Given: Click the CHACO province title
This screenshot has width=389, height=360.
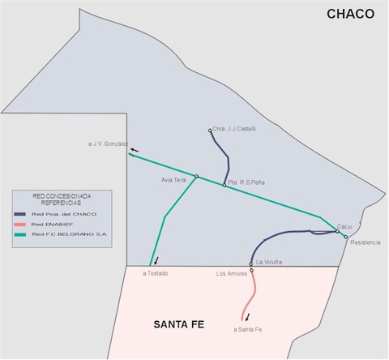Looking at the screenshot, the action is coord(351,14).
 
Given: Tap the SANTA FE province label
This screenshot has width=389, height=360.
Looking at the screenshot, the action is coord(178,325).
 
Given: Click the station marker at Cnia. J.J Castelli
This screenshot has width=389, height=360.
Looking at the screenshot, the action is coord(210,130).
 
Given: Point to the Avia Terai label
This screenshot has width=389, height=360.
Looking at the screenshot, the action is coord(173,178).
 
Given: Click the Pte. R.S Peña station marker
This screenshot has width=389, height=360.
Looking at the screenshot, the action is coord(224,186).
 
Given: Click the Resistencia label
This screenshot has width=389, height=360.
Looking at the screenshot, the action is coord(365,243).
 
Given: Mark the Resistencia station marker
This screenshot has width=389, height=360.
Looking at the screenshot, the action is coord(346,237).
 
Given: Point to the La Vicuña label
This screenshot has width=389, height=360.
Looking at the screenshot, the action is coord(268,262).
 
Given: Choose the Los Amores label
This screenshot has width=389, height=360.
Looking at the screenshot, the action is coord(232,274).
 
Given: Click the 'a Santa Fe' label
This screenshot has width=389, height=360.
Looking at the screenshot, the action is coord(247,329).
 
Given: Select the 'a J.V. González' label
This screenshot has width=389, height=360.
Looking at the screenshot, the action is coord(108,144).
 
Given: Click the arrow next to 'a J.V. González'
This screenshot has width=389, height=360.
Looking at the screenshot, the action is coord(134,150).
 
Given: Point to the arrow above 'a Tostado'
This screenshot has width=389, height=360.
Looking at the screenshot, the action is coord(157,260).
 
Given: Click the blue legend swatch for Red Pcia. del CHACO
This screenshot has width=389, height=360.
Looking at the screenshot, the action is coord(24,212).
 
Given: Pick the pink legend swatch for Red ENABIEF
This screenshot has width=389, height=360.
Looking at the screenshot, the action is coord(24,223).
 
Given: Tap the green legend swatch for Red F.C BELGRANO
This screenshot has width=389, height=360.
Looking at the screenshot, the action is coord(24,234).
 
